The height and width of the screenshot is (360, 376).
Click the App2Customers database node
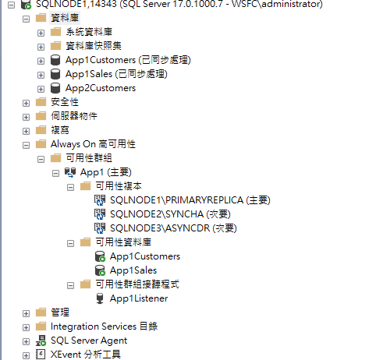[101, 88]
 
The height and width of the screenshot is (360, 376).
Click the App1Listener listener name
[139, 298]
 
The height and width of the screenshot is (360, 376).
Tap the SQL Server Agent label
[89, 341]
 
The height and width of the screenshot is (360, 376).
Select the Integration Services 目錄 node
[104, 326]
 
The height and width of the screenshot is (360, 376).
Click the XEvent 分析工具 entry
[86, 355]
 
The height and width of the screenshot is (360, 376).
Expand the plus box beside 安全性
[26, 103]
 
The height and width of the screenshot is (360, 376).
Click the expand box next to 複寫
[26, 131]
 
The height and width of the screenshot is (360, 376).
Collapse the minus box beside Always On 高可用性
[26, 145]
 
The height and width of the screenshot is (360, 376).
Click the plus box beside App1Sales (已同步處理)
[41, 75]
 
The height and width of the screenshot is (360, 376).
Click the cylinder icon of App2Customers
[55, 88]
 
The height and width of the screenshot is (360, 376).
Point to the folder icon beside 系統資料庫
[55, 32]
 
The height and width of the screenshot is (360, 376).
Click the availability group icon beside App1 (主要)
[70, 172]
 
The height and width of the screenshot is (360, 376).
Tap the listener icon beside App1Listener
[100, 298]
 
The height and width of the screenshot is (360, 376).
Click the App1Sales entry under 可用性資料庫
[133, 270]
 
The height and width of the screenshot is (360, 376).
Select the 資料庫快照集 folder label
[94, 46]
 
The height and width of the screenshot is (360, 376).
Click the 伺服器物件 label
[74, 116]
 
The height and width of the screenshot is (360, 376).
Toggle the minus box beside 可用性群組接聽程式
[70, 285]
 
